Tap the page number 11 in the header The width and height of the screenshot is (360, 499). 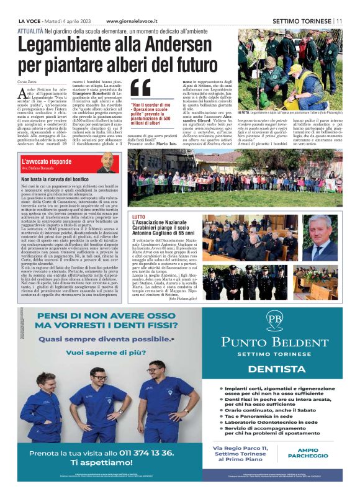click(x=340, y=21)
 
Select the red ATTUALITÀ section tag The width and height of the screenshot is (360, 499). click(x=30, y=30)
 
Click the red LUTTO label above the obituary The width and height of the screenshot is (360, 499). click(x=138, y=217)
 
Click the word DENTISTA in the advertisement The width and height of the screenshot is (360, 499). click(x=274, y=369)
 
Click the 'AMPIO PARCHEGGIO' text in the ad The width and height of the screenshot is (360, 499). click(x=312, y=452)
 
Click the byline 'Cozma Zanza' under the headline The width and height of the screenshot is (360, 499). click(x=28, y=82)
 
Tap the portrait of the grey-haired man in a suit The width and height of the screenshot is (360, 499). click(x=322, y=234)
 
